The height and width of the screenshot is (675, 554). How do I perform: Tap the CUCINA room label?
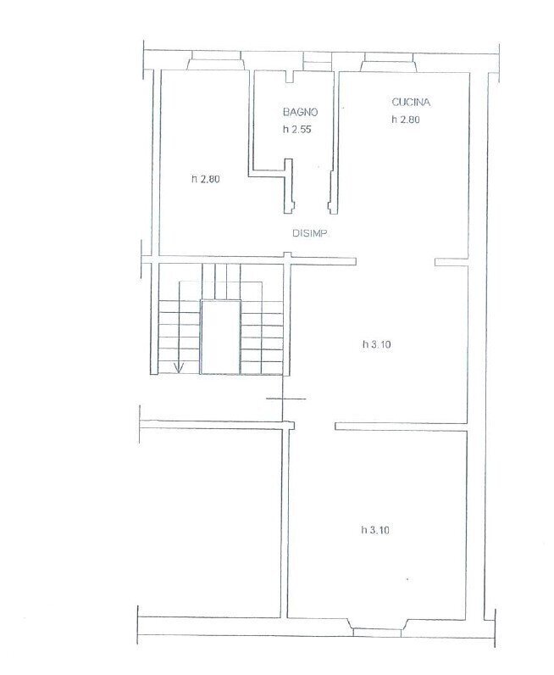[x=412, y=103]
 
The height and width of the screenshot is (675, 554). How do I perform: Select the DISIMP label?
[x=310, y=234]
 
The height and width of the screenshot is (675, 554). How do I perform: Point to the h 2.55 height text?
[x=298, y=131]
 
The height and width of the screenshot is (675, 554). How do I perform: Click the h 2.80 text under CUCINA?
[x=406, y=120]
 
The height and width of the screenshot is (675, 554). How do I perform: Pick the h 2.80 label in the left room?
[x=206, y=179]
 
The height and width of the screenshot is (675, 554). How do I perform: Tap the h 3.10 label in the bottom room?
[x=375, y=530]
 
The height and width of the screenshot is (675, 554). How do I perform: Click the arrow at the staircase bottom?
[x=180, y=366]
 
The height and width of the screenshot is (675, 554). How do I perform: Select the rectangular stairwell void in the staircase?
[x=219, y=337]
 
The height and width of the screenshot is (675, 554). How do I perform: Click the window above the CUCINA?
[x=389, y=62]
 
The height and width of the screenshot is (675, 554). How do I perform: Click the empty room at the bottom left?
[x=210, y=517]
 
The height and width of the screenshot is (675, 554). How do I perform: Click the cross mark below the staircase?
[x=285, y=399]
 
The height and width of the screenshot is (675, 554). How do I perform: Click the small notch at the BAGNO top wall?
[x=290, y=79]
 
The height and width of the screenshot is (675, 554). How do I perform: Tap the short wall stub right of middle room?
[x=451, y=262]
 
